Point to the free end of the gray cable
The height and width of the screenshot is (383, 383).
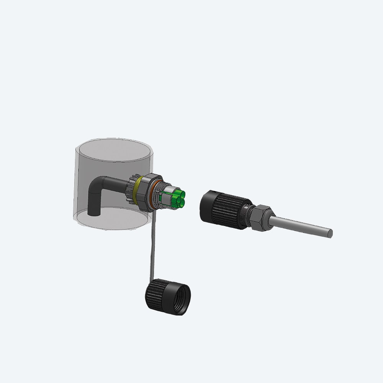pos(330,232)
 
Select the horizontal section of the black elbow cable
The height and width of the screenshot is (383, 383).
pos(115,183)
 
